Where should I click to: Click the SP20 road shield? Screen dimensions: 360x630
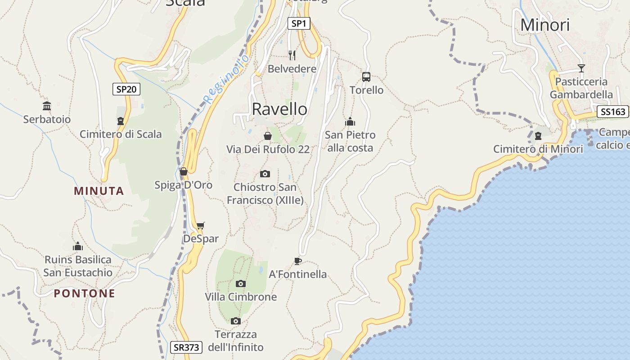(126, 89)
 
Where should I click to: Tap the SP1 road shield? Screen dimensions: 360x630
(299, 23)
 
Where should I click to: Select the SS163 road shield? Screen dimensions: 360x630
(612, 112)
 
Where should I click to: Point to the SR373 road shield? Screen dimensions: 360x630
(186, 347)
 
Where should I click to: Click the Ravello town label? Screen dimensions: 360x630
(279, 109)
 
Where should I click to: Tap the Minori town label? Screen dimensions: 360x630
(545, 25)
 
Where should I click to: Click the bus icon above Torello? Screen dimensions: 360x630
(366, 77)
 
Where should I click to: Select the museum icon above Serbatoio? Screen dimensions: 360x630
(47, 106)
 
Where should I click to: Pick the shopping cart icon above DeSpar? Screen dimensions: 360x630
(201, 225)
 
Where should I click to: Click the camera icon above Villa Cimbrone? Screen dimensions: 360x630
(241, 283)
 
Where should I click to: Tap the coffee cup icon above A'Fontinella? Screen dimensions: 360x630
(297, 261)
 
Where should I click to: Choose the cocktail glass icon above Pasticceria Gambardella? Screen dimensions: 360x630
(581, 68)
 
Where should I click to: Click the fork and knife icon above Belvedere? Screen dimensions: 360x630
(292, 55)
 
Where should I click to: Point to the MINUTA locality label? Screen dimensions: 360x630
(99, 191)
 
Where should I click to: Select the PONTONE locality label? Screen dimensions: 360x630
(85, 293)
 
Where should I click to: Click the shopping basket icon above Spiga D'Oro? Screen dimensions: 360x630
(183, 171)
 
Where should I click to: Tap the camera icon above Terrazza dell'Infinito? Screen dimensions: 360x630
(236, 321)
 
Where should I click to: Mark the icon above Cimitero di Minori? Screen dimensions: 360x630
(538, 136)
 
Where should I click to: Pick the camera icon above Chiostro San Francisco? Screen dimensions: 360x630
(265, 174)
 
